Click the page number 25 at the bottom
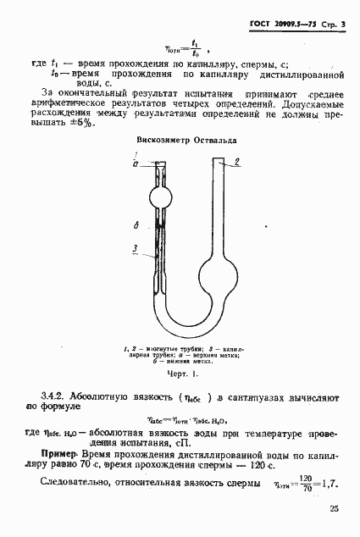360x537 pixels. tap(335, 509)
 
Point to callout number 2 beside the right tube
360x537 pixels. tap(239, 161)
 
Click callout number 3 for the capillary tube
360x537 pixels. tap(136, 248)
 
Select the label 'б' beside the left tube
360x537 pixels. tap(136, 225)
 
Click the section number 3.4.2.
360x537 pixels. tap(57, 396)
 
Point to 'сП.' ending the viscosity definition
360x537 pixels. tap(181, 441)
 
